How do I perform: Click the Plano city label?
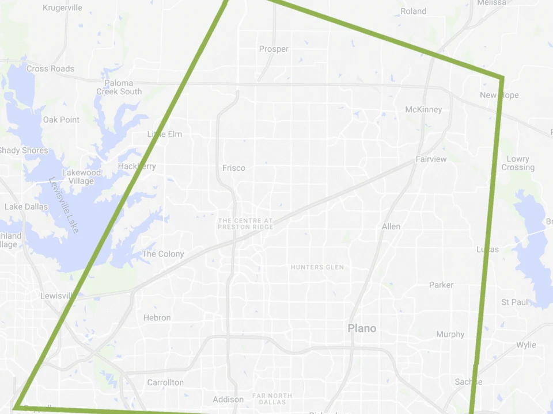[362, 328]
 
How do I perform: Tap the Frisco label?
[234, 168]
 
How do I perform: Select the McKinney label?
[423, 109]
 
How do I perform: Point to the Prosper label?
[274, 49]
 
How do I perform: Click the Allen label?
[391, 227]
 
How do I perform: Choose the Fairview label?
[431, 159]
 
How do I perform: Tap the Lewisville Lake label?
[64, 205]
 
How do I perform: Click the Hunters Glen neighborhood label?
[317, 267]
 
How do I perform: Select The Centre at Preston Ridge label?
[245, 224]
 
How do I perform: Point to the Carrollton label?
[165, 382]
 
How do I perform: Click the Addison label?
[228, 400]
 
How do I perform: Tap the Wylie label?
[526, 345]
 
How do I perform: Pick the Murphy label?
[450, 334]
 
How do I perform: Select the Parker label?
[441, 285]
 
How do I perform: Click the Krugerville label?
[63, 8]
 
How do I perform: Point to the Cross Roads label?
[50, 68]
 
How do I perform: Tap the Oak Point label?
[61, 120]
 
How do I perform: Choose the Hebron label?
[157, 317]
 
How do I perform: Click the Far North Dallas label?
[272, 398]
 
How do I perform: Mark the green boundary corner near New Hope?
[502, 78]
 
